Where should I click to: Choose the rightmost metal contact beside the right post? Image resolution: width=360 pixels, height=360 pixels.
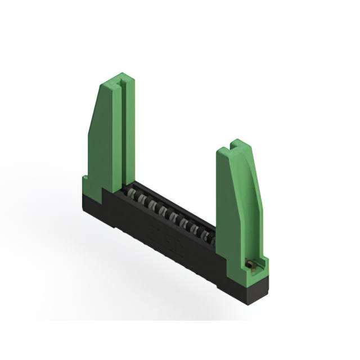point(213,241)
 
